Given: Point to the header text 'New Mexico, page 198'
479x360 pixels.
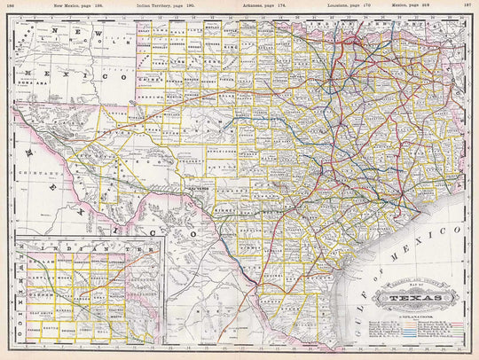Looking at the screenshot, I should point(79,4).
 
